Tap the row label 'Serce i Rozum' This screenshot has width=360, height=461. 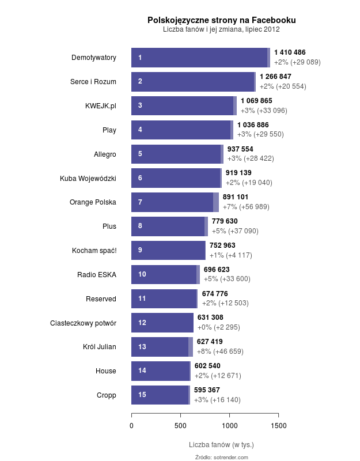coord(93,82)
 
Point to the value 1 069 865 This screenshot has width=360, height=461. coord(256,101)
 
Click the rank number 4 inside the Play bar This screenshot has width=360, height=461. coord(140,130)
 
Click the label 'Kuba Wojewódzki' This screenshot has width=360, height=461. coord(88,178)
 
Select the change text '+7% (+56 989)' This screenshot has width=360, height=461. coord(246,207)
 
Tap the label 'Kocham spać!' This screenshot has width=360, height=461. coord(94,251)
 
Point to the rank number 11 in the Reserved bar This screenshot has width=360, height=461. coord(142,298)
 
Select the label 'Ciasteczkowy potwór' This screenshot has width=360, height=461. coord(84,323)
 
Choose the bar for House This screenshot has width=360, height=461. coord(161,371)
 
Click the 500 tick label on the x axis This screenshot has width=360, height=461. coord(180,425)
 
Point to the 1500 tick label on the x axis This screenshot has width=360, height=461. coord(278,425)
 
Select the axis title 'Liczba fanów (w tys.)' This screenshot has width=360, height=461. coord(221,445)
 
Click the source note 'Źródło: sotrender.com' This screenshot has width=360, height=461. coord(222,457)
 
